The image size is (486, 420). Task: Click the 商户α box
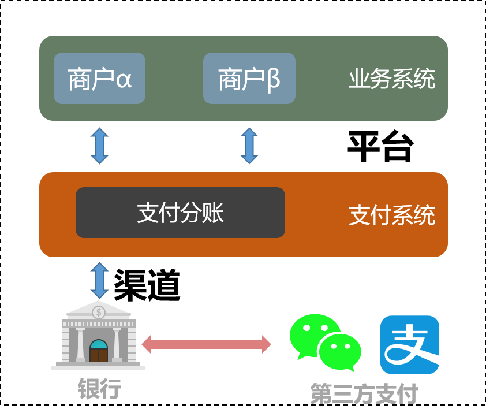coord(99,79)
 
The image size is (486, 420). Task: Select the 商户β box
coord(249,79)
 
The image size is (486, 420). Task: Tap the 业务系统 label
coord(391,79)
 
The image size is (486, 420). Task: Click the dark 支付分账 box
coord(180,213)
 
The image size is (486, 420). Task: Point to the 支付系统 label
coord(391,215)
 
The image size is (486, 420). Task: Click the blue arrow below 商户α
coord(99,146)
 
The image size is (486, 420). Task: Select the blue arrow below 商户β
coord(249,146)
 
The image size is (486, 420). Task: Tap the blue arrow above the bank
coord(99,280)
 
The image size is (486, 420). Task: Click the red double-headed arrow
coord(206,344)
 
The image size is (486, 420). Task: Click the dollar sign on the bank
coord(99,313)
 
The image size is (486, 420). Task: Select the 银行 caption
coord(99,389)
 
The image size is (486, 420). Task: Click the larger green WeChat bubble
coord(312,333)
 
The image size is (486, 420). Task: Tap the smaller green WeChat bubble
coord(340,351)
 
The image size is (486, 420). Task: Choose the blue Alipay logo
coord(409,345)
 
